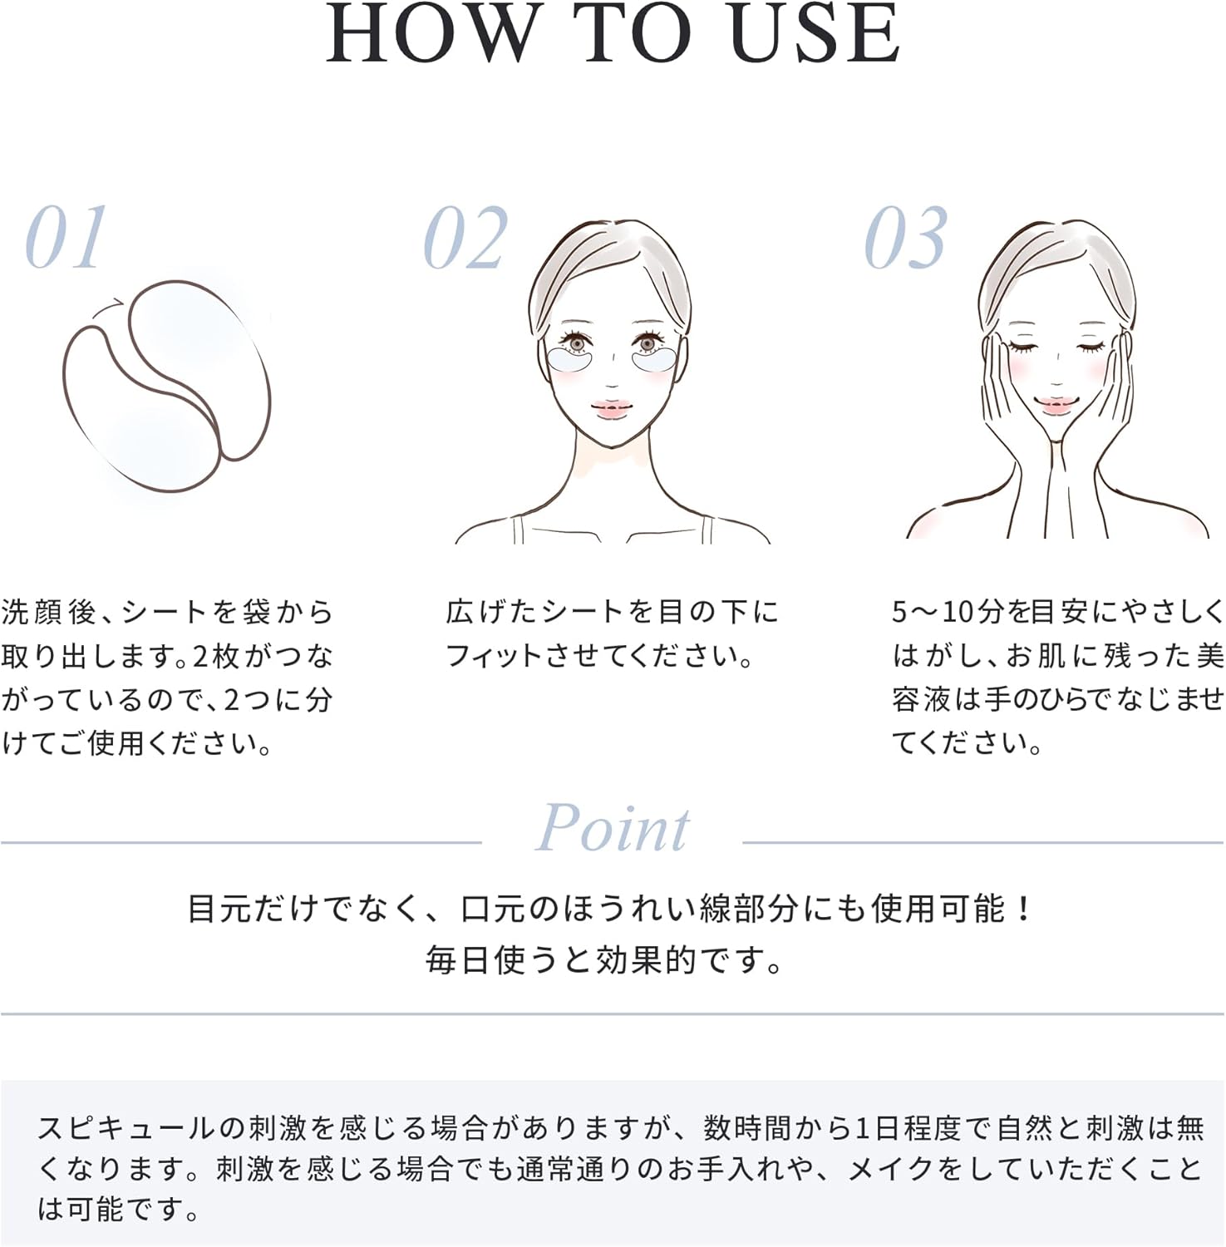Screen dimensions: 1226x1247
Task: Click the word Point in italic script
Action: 613,829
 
